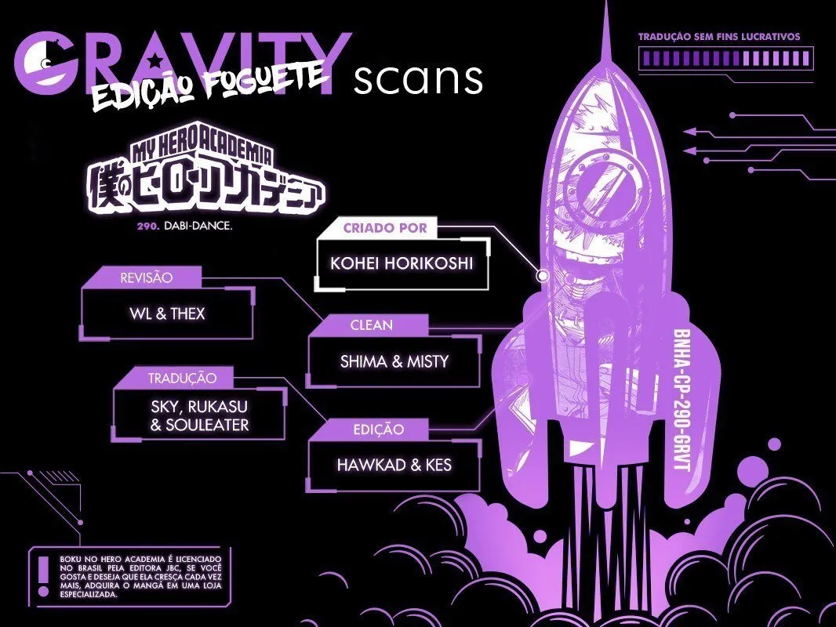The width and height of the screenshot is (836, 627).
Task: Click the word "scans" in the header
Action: tap(418, 80)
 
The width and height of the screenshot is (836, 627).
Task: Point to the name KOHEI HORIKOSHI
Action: tap(402, 263)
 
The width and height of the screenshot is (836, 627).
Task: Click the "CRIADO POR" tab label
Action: tap(385, 228)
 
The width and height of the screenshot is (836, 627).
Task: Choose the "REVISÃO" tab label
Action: tap(147, 277)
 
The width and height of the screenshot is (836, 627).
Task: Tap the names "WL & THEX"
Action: tap(167, 313)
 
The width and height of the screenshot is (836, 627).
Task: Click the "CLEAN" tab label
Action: tap(372, 325)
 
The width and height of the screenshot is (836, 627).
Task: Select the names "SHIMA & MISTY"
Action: tap(394, 362)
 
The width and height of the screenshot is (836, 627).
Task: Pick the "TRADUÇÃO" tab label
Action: tap(182, 379)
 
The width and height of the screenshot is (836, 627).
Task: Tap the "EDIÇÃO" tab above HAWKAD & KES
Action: tap(379, 429)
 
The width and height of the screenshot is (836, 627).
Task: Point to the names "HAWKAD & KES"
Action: tap(394, 465)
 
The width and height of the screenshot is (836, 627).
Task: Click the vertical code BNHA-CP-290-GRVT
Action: tap(682, 400)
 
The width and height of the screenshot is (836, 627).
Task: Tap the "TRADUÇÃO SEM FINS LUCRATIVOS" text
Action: tap(719, 37)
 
